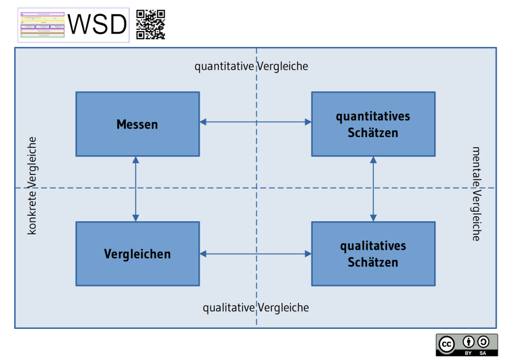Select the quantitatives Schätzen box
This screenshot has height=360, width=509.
[373, 124]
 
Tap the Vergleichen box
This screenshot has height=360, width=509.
[137, 254]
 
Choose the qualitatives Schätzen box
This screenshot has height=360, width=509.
[373, 254]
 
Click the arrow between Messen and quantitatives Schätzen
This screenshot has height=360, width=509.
[255, 122]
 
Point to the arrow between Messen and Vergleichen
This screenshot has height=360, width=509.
[136, 188]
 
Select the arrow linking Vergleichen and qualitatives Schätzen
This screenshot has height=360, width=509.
[255, 254]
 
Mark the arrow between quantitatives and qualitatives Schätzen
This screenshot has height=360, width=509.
[373, 188]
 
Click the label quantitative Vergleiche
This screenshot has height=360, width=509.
[251, 66]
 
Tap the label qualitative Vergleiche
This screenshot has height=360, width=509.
[256, 307]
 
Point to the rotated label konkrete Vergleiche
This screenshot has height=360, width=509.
[32, 186]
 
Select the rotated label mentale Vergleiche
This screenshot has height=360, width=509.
[476, 194]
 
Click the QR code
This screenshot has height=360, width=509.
[150, 25]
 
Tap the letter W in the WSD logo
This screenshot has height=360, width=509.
[80, 25]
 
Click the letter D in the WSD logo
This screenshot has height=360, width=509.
[118, 25]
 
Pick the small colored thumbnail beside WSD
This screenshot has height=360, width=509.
[42, 25]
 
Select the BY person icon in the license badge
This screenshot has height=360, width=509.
[468, 342]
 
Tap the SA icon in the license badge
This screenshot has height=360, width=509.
[483, 342]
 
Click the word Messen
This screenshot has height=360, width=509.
[137, 124]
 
